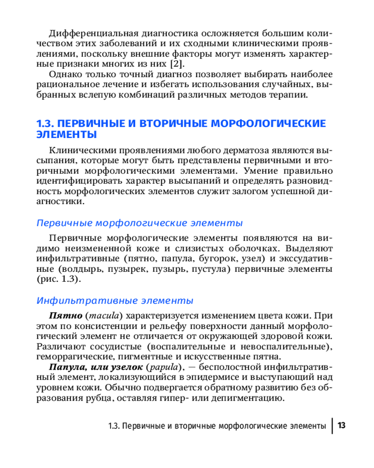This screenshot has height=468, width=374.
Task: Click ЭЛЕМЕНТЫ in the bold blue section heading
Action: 67,135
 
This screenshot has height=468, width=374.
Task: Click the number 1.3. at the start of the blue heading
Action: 47,124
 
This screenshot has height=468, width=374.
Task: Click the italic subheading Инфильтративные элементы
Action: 115,300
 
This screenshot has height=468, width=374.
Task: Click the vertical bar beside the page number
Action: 332,426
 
